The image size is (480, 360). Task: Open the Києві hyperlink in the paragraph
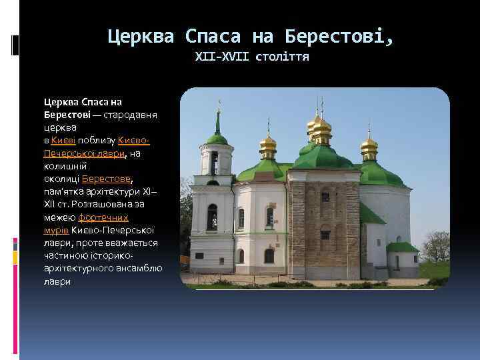(x=64, y=141)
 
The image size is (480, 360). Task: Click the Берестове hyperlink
(x=107, y=179)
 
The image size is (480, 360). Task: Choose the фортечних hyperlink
(x=103, y=217)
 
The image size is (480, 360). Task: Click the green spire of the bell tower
(x=217, y=123)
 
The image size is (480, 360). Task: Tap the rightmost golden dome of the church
(x=369, y=143)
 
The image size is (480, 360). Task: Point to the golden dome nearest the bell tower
(x=268, y=142)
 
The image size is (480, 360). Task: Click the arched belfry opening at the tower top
(x=215, y=162)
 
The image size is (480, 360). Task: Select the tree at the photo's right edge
(x=437, y=247)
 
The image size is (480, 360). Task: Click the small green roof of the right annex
(x=402, y=247)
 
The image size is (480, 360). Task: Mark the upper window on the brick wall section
(x=325, y=197)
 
